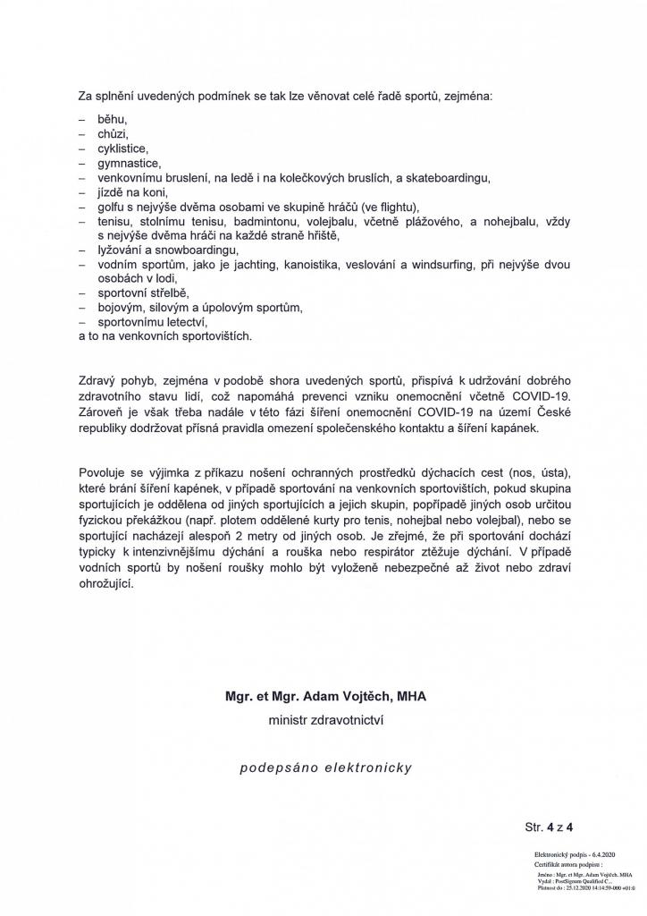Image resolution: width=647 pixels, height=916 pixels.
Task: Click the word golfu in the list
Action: pyautogui.click(x=113, y=207)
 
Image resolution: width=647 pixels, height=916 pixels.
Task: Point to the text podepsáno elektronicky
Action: pyautogui.click(x=325, y=767)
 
